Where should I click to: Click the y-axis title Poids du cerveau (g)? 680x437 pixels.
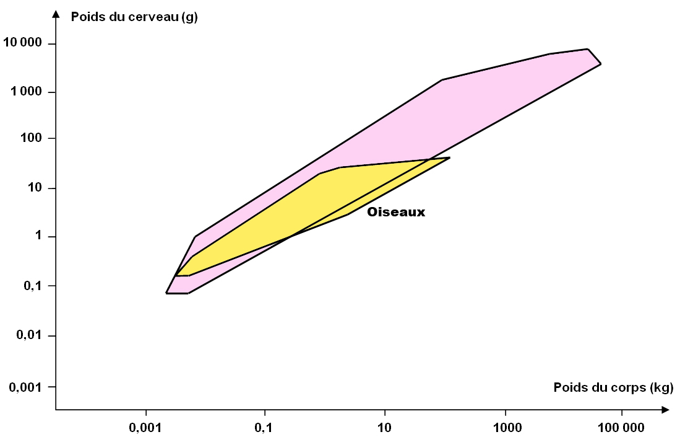[134, 16]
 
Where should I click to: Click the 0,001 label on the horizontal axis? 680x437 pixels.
[145, 428]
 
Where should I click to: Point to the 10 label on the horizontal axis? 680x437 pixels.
[384, 428]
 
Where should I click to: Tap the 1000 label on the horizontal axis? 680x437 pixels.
[506, 428]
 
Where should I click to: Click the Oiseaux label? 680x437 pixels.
[396, 212]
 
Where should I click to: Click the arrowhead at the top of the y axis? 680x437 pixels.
[56, 14]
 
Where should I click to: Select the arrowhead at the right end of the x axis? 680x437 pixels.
[665, 410]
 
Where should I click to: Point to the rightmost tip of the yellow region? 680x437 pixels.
[450, 158]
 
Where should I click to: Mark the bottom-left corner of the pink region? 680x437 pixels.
[166, 293]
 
